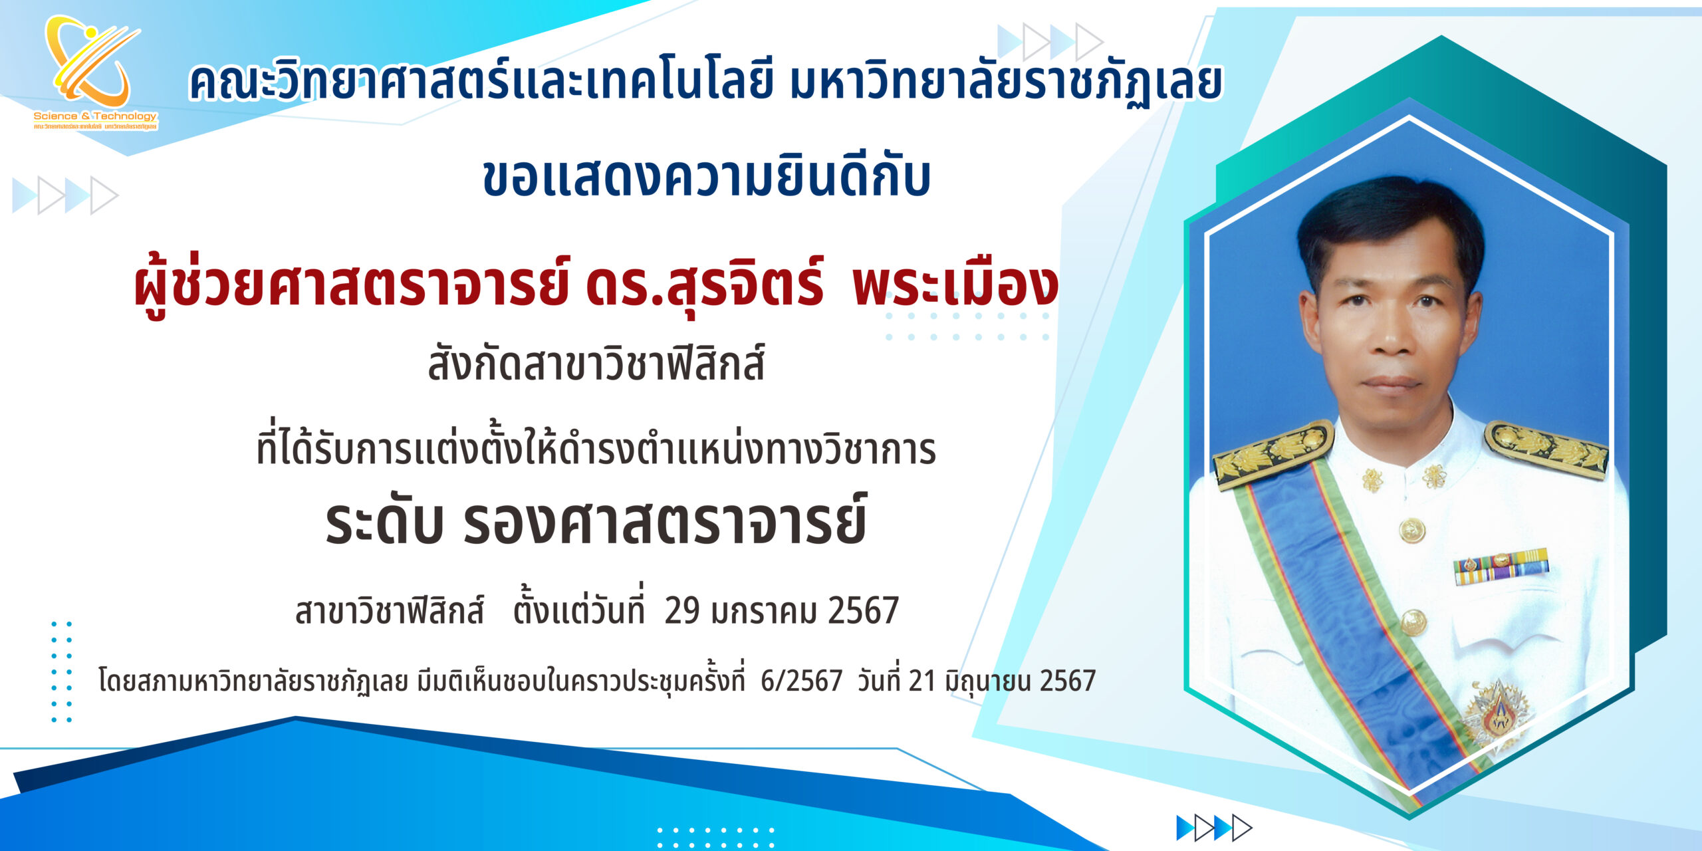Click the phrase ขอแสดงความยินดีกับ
click(706, 178)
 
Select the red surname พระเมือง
click(955, 285)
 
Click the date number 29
click(681, 610)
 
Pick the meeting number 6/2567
click(801, 681)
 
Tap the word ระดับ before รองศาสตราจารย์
click(384, 522)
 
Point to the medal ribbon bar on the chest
click(1500, 566)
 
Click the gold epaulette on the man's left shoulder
click(1546, 449)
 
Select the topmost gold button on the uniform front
click(1411, 531)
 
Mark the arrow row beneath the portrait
click(1214, 828)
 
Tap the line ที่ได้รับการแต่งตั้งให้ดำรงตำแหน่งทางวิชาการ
click(596, 447)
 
